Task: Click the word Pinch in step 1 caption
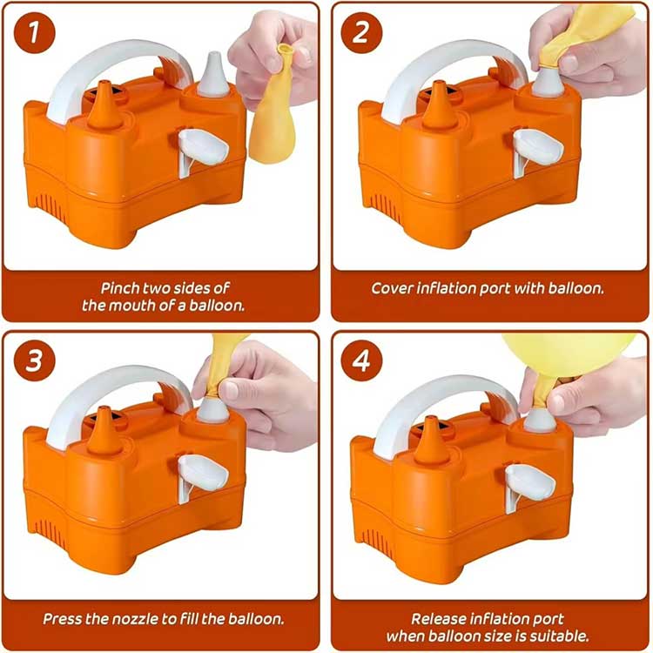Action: [122, 287]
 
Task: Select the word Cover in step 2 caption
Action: [393, 287]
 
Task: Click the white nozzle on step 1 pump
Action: [213, 77]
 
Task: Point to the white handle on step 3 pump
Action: [104, 387]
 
